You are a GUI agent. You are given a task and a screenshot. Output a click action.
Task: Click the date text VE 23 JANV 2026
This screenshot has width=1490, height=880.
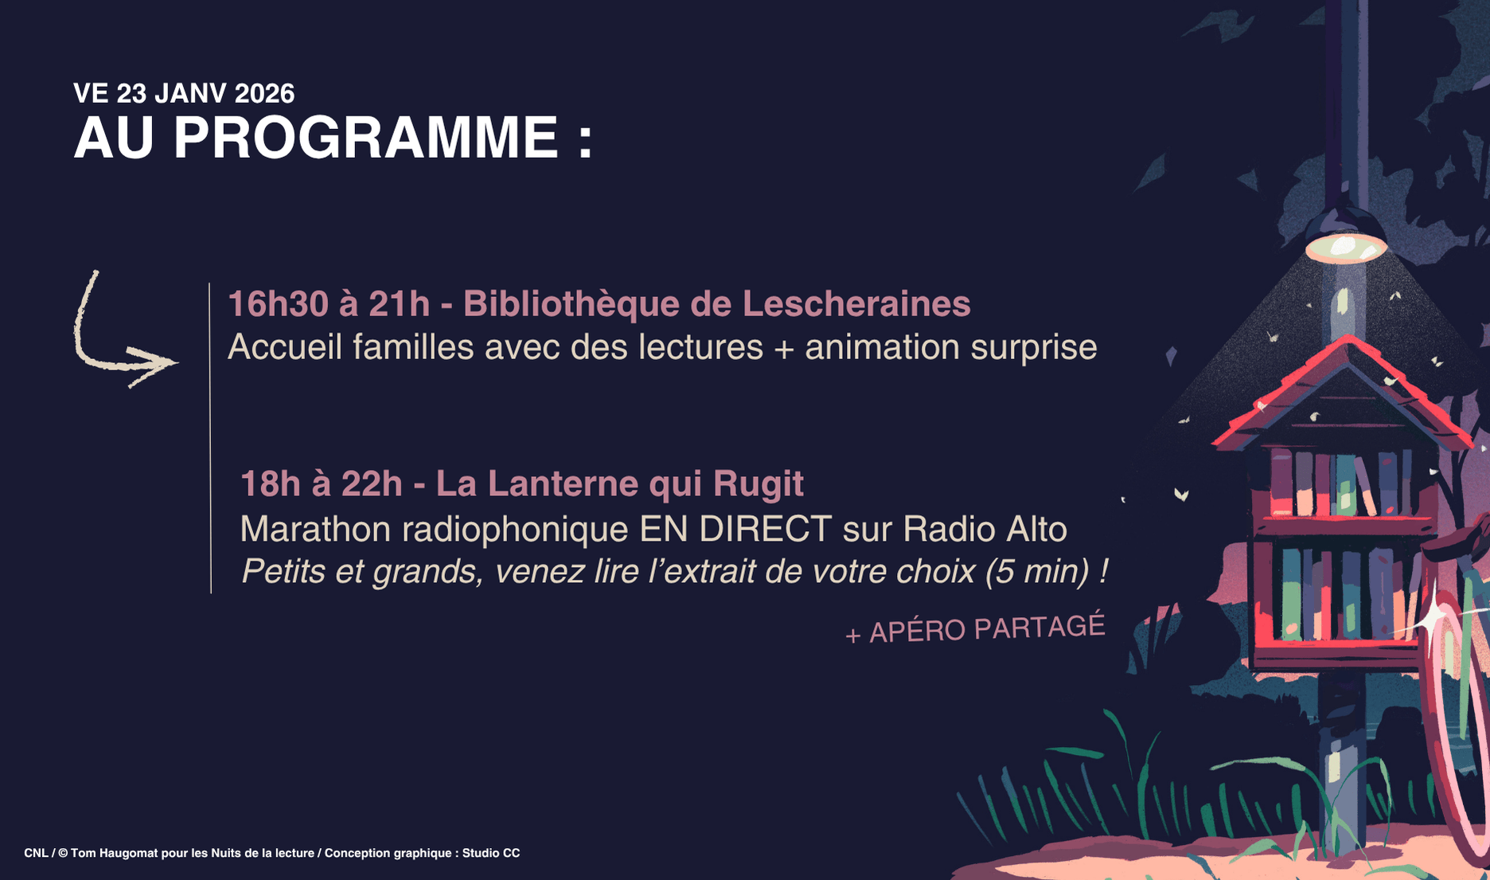coord(184,94)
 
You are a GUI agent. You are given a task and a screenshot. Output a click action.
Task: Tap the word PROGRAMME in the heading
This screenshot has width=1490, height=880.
coord(366,138)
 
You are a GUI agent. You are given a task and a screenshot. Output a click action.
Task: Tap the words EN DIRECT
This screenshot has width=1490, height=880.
coord(736,530)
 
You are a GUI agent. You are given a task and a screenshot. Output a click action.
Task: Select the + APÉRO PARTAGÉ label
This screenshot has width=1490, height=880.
coord(975,628)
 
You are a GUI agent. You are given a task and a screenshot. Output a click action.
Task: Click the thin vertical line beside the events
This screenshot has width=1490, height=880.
coord(210,438)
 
